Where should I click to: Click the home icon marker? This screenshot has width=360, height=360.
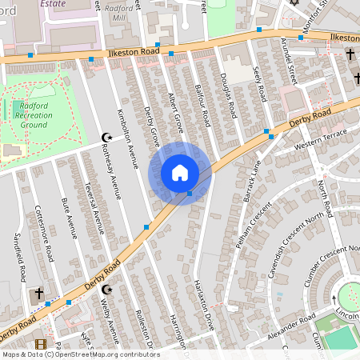point(180,173)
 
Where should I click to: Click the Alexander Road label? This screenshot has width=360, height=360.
point(291,329)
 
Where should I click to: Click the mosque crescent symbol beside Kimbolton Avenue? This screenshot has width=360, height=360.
point(105,138)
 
